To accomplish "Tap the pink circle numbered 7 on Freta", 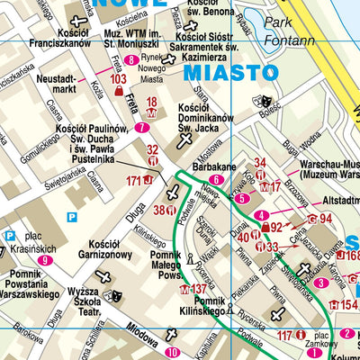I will click(142, 127).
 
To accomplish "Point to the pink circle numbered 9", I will click(44, 260).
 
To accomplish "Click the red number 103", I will click(117, 79).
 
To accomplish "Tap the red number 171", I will click(134, 181).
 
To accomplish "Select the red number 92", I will click(277, 227).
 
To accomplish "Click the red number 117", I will click(284, 335).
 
